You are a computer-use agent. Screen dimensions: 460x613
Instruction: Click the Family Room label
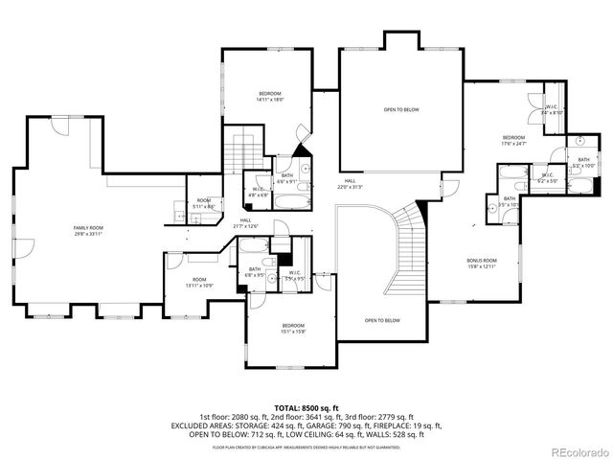tap(88, 230)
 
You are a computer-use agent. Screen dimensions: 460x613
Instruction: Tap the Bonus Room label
tap(482, 264)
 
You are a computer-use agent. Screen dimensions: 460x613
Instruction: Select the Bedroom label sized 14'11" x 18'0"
tap(269, 96)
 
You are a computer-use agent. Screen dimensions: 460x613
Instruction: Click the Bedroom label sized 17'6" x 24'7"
tap(514, 141)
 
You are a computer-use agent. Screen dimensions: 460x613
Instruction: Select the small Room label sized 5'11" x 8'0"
tap(203, 202)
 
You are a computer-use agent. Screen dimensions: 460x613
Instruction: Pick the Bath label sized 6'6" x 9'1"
tap(287, 178)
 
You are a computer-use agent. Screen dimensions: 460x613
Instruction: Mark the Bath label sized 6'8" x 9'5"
tap(256, 272)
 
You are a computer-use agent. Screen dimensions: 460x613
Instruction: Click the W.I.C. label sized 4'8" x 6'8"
tap(259, 192)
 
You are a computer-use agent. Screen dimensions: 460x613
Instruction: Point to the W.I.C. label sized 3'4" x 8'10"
tap(551, 109)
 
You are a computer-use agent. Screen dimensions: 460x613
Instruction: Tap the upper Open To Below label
tap(401, 110)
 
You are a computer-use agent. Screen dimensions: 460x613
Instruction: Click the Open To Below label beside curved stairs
tap(382, 320)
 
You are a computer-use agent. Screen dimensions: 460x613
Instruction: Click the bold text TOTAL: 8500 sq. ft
tap(306, 408)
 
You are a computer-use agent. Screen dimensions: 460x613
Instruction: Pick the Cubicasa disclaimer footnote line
tap(306, 447)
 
